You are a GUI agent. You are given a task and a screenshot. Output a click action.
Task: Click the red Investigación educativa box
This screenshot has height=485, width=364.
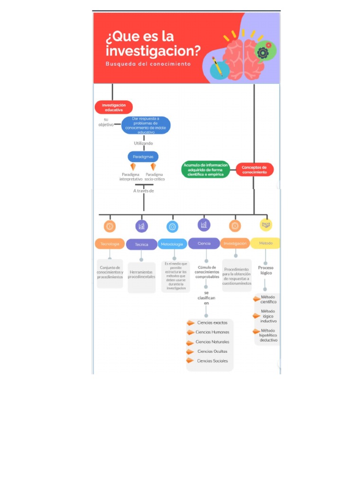click(114, 107)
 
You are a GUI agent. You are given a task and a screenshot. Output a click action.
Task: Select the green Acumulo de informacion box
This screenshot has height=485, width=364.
click(205, 170)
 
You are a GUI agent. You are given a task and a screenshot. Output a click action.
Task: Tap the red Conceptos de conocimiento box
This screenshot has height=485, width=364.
click(255, 170)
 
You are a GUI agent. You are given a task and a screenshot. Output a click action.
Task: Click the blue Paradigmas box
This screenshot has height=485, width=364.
click(143, 156)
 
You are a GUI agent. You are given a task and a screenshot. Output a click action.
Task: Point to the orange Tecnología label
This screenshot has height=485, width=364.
click(109, 244)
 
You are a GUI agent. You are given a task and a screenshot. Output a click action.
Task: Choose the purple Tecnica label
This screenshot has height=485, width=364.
click(141, 244)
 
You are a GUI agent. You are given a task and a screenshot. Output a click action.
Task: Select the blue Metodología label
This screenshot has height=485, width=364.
click(172, 244)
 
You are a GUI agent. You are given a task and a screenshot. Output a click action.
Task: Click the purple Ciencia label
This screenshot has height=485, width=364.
click(204, 243)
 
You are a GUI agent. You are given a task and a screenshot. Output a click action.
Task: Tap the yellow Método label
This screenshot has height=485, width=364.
click(265, 243)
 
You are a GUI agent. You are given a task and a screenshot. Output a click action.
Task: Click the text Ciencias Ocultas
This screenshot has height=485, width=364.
click(212, 351)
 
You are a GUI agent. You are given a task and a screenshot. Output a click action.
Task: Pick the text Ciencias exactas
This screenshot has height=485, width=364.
click(212, 323)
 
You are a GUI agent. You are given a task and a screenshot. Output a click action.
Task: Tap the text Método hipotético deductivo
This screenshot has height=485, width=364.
click(268, 335)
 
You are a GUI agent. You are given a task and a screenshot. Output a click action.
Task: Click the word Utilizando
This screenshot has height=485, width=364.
click(143, 143)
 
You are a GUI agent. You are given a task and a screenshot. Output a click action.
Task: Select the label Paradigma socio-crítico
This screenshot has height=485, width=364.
click(155, 177)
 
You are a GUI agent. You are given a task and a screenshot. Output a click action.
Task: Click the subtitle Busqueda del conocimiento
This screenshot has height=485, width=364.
click(148, 63)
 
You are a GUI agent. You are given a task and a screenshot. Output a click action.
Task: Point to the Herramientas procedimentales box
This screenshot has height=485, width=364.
click(141, 275)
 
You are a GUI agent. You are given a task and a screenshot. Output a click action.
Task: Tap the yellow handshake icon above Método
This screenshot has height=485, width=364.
click(266, 225)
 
